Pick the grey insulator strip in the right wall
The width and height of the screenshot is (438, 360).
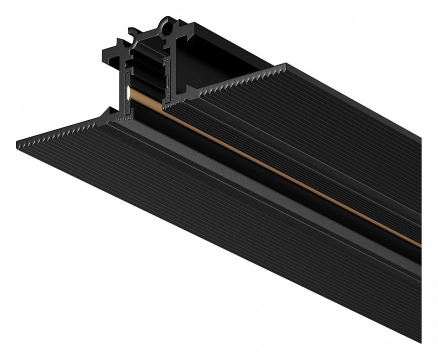click(166, 80)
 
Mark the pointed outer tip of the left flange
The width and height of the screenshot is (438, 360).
click(16, 141)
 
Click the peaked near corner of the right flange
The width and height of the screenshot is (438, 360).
click(286, 64)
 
